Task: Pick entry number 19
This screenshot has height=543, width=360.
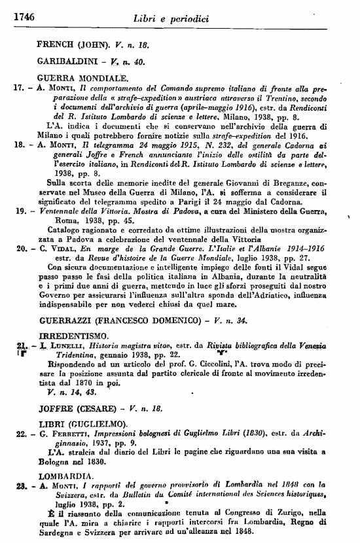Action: pyautogui.click(x=19, y=211)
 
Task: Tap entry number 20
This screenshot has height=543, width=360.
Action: pyautogui.click(x=19, y=249)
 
